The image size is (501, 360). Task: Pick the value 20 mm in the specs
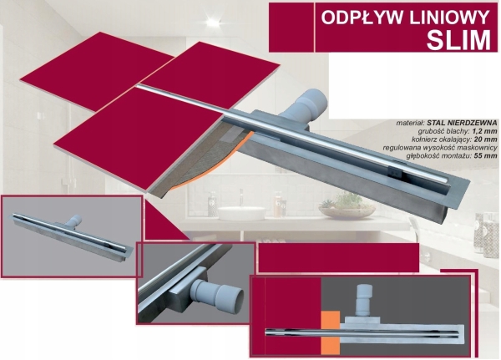pyautogui.click(x=486, y=139)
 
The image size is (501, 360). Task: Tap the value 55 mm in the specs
pyautogui.click(x=486, y=156)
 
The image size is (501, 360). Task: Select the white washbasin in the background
pyautogui.click(x=241, y=213)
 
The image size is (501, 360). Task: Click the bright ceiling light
pyautogui.click(x=212, y=23)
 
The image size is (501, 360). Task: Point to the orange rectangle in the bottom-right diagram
pyautogui.click(x=331, y=332)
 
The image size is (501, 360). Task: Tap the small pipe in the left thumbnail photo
pyautogui.click(x=74, y=221)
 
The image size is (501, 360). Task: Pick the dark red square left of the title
pyautogui.click(x=291, y=28)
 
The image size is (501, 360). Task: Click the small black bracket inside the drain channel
pyautogui.click(x=396, y=172)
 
